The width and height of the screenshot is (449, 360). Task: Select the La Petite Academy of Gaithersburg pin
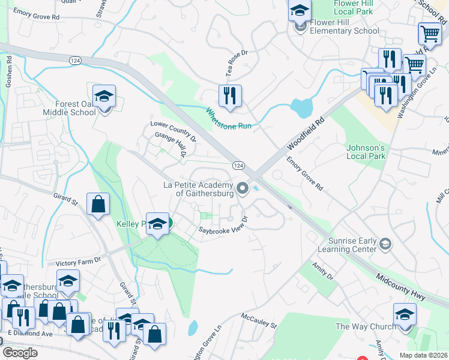[x=243, y=189]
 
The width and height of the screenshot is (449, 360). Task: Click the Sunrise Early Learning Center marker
[x=385, y=244]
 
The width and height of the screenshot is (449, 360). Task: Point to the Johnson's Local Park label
[x=365, y=152]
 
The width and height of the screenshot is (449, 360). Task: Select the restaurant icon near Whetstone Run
[x=230, y=97]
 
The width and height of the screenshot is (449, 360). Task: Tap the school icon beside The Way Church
[x=405, y=316]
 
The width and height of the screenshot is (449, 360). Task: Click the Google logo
[x=20, y=353]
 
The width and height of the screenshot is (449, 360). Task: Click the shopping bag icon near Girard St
[x=98, y=205]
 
